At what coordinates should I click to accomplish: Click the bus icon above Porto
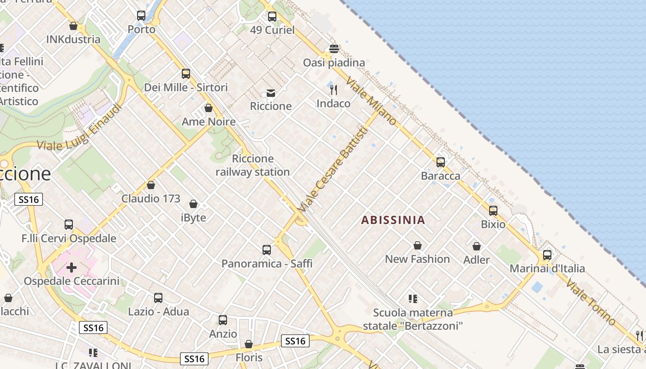(x=141, y=16)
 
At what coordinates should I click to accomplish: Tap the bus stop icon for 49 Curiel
(x=272, y=17)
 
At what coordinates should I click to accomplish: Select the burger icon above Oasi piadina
(x=334, y=49)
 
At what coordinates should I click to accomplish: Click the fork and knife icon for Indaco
(x=334, y=89)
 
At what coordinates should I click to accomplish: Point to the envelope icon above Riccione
(x=271, y=93)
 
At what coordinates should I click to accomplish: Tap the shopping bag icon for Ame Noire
(x=209, y=108)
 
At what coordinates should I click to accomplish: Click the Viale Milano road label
(x=371, y=101)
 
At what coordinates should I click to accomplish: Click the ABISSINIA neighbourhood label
(x=393, y=220)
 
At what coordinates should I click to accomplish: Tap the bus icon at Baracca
(x=441, y=162)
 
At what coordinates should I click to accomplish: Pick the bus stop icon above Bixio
(x=493, y=211)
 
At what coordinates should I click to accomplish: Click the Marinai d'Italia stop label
(x=547, y=268)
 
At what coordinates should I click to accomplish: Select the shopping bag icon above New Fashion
(x=418, y=245)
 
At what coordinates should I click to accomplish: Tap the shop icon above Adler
(x=477, y=246)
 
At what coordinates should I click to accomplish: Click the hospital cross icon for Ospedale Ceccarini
(x=72, y=268)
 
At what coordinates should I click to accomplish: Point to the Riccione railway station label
(x=252, y=165)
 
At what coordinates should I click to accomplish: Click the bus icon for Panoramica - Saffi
(x=267, y=250)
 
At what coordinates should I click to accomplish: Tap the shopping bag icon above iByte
(x=193, y=204)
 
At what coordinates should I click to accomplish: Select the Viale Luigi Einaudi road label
(x=79, y=127)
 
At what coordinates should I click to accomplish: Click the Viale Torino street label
(x=591, y=302)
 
